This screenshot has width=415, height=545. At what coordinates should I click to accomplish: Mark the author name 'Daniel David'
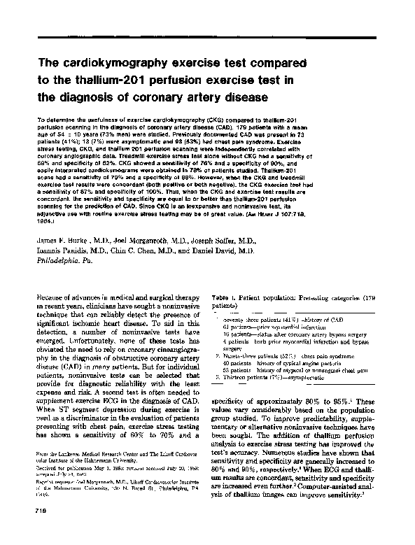point(214,250)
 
